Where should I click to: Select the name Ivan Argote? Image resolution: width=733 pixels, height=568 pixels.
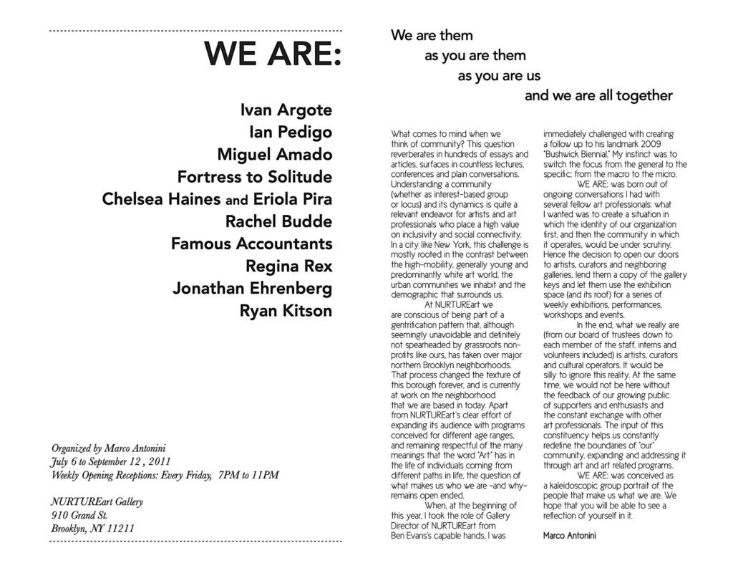pos(286,110)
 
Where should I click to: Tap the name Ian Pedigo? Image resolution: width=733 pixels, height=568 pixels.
pos(290,133)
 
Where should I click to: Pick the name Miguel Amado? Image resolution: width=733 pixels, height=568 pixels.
pos(274,155)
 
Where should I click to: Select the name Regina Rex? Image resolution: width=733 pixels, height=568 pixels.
pos(288,266)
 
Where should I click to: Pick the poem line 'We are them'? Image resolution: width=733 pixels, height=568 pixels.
pos(432,35)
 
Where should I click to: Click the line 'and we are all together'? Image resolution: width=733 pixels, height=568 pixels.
pos(598,95)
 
